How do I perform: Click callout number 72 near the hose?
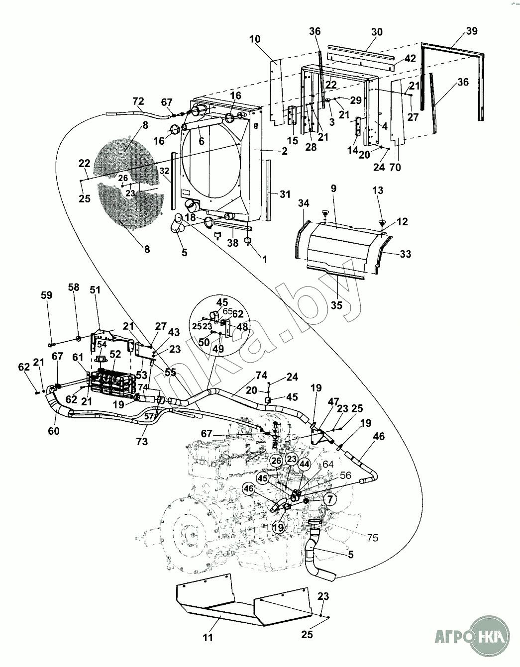tap(138, 102)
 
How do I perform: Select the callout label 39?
tap(472, 31)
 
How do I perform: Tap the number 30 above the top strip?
tap(377, 32)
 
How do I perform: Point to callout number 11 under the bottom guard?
tap(208, 637)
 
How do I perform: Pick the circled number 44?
tap(305, 464)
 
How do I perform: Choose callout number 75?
tap(372, 538)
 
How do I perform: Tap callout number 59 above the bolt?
tap(46, 295)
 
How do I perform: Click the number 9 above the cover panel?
tap(333, 189)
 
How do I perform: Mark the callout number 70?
tap(395, 168)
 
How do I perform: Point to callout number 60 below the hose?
tap(53, 431)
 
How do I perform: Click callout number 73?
tap(143, 441)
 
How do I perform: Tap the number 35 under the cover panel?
tap(337, 305)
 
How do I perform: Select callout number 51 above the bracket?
tap(95, 290)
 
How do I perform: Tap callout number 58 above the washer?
tap(74, 287)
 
